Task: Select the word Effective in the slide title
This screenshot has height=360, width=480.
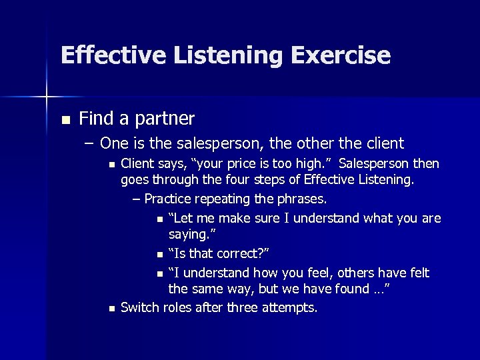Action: tap(106, 55)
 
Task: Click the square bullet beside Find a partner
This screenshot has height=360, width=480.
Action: tap(65, 121)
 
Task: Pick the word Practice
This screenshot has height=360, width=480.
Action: tap(167, 199)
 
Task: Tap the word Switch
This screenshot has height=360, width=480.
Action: tap(137, 307)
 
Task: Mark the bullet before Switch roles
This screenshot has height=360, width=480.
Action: tap(111, 308)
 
